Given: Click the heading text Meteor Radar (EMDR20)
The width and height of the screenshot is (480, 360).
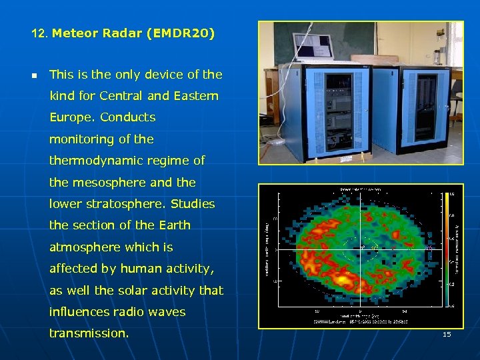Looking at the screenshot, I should coord(133,33).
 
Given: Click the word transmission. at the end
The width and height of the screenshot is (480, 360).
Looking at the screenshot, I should coord(89,333).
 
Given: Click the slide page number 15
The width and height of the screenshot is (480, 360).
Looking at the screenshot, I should coord(447,334).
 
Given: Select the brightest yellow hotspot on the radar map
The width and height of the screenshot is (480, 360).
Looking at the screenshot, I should coord(345,274).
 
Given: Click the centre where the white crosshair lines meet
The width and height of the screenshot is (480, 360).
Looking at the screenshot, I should coord(361,249).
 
